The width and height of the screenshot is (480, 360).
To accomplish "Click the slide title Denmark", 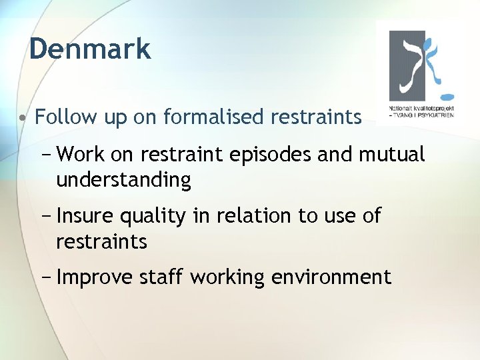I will click(x=90, y=49).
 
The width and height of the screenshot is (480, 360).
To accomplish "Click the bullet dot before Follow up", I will click(x=23, y=118).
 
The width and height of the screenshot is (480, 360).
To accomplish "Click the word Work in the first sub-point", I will click(x=81, y=155).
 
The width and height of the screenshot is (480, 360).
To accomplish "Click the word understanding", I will click(x=123, y=180).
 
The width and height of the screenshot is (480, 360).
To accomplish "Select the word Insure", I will click(x=86, y=215).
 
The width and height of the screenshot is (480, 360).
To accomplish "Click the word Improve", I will click(x=95, y=277).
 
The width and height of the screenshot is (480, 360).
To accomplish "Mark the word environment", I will click(x=331, y=277).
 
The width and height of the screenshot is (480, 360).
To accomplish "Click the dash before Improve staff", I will click(x=46, y=277).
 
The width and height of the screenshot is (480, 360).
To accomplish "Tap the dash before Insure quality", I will click(x=46, y=215).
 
